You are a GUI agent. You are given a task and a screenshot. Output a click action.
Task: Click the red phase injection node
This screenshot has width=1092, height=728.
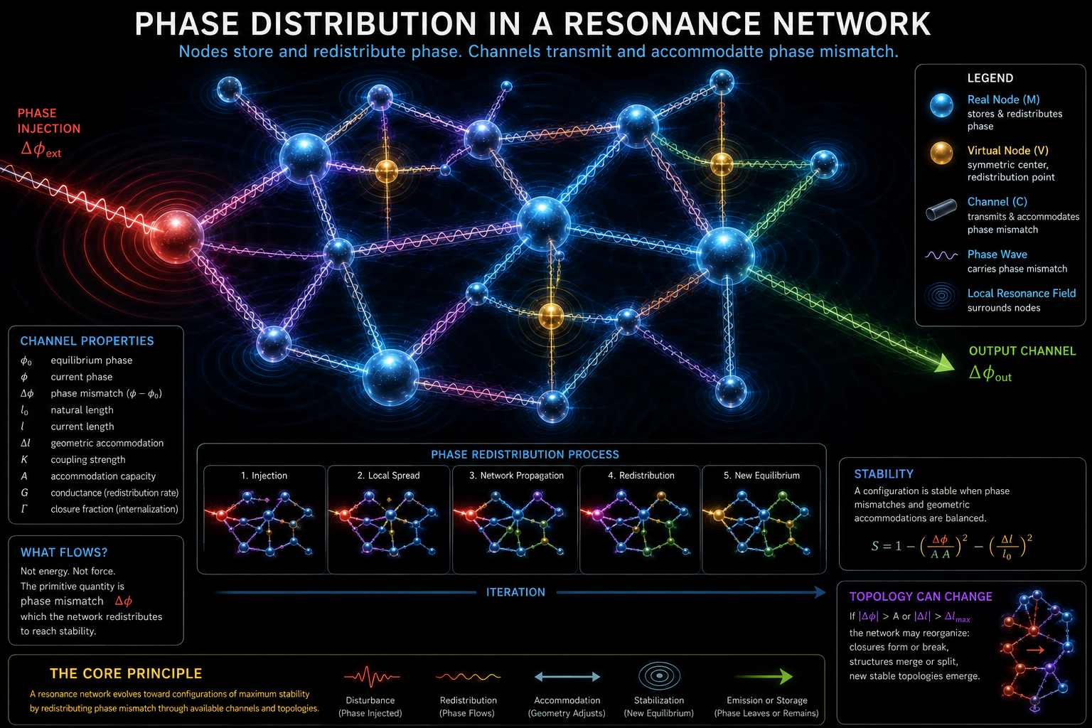coord(176,237)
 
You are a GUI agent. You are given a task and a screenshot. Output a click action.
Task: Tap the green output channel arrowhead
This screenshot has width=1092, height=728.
coord(943,363)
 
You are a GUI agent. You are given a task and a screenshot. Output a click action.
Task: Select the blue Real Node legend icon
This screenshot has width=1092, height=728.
coord(941,105)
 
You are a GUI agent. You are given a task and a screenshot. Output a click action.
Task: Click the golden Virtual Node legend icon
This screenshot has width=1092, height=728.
coord(941,153)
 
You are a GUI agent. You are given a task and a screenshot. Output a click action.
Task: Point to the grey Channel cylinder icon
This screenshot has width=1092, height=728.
coord(941,210)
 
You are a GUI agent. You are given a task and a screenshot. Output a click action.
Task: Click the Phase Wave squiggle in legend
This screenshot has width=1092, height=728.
coord(941,255)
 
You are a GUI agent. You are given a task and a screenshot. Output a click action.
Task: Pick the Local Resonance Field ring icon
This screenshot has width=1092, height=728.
coord(941,296)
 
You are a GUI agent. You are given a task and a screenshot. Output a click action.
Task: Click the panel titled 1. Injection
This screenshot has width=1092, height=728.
coord(264,519)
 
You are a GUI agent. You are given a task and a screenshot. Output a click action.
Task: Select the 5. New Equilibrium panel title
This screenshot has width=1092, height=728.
coord(761,476)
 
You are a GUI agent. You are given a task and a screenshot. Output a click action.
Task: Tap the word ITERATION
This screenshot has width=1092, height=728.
coord(515,592)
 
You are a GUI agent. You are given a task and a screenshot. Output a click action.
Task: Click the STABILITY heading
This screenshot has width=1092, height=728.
coord(884,474)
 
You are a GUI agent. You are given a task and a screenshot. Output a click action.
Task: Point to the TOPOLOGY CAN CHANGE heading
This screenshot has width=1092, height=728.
coord(921,596)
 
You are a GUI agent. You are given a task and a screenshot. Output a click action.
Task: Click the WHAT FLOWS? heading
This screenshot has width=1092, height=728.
coord(64,552)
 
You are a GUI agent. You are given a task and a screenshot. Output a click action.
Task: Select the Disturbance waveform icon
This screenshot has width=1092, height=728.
coord(372,676)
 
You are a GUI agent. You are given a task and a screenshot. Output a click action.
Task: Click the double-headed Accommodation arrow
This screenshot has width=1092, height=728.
coord(567,676)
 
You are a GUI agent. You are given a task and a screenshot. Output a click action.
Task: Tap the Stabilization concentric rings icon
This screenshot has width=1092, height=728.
coord(659,676)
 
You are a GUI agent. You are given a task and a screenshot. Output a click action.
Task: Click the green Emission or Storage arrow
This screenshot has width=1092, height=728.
coord(764,676)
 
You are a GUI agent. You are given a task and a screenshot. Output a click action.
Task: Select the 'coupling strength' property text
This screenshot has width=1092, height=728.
coord(88,460)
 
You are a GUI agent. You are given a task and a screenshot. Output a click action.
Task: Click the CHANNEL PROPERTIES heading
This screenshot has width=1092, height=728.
coord(87,341)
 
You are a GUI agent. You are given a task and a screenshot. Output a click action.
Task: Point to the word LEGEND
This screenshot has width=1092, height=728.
coord(990,78)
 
